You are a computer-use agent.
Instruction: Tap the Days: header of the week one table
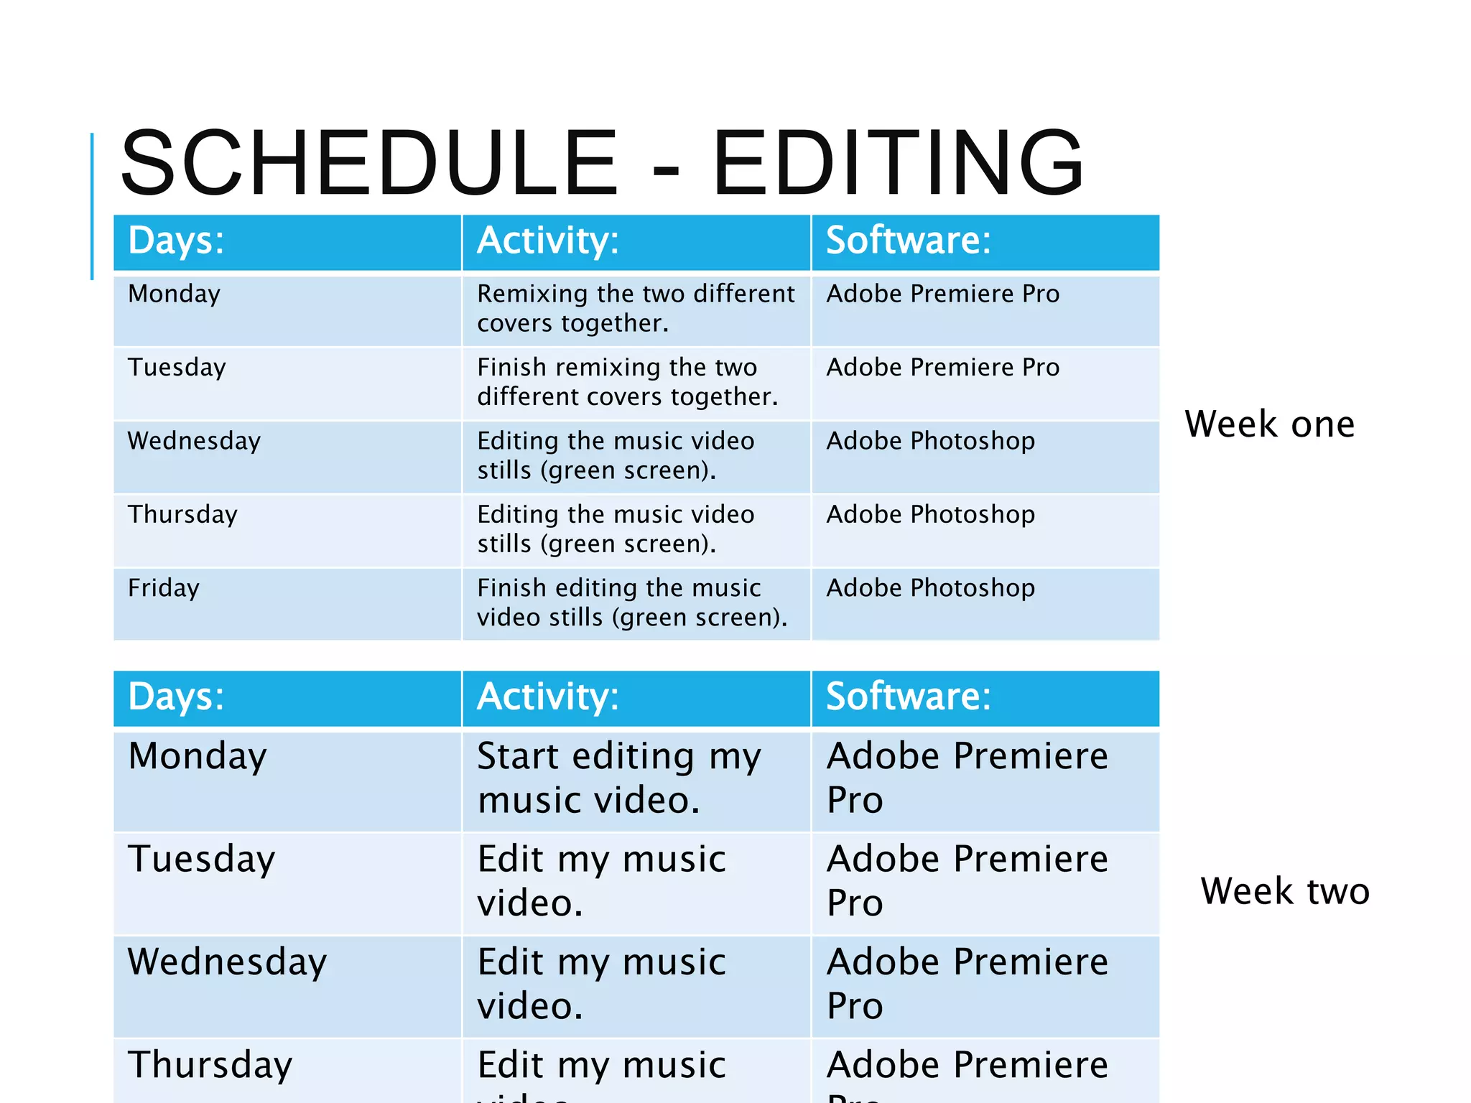coord(176,240)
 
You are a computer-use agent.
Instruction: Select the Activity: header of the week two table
coord(547,697)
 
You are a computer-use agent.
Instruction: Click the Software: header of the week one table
coord(908,240)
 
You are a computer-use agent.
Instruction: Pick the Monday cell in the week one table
coord(175,294)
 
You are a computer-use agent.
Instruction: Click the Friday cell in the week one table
coord(164,588)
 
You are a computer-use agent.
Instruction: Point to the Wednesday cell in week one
coord(194,441)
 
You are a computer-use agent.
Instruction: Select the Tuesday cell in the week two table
coord(201,860)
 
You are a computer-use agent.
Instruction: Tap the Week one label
coord(1269,424)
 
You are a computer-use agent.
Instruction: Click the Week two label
coord(1285,891)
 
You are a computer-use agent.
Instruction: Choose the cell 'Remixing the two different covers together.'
coord(636,309)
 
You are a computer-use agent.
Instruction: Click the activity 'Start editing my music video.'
coord(618,778)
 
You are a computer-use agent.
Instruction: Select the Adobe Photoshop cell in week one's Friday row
coord(931,588)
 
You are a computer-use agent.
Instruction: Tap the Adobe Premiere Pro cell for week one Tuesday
coord(943,368)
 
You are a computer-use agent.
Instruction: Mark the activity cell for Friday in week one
coord(632,602)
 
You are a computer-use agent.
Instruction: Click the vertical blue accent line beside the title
coord(92,206)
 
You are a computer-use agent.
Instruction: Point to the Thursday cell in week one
coord(182,515)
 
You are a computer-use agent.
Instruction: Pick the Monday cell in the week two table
coord(198,756)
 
